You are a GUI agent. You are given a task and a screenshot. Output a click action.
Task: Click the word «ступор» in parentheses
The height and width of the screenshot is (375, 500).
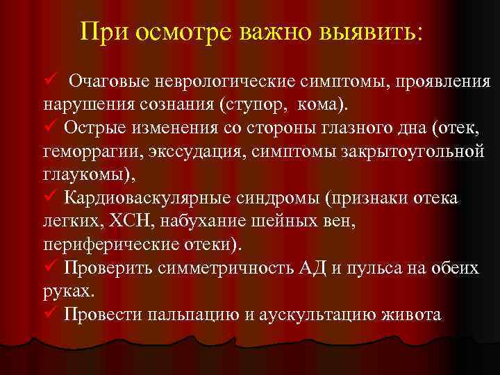(262, 106)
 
